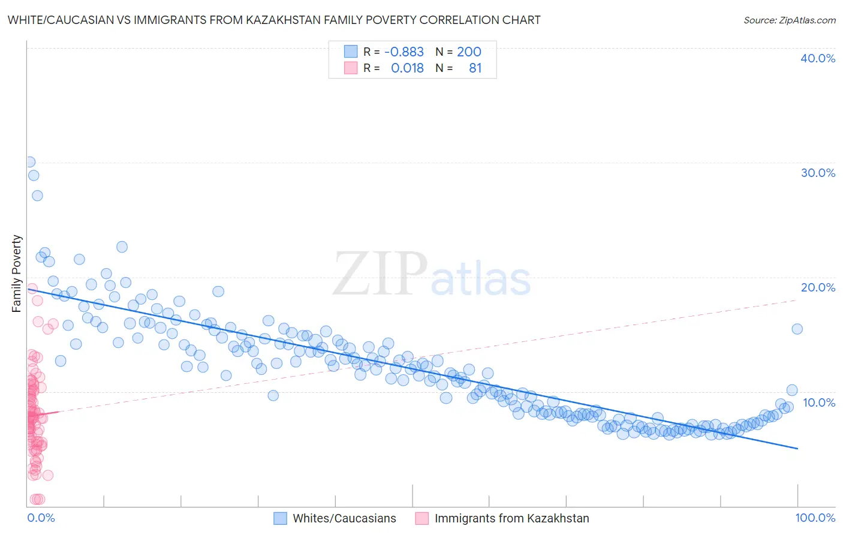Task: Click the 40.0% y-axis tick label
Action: [x=817, y=58]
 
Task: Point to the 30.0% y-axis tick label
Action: [x=817, y=173]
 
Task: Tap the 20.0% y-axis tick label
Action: [x=817, y=287]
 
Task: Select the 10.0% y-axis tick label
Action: [x=818, y=402]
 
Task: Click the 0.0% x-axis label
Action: [x=41, y=518]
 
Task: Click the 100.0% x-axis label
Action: [x=815, y=518]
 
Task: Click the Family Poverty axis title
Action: [x=17, y=273]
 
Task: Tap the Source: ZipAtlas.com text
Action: [x=789, y=20]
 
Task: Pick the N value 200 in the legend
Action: [x=469, y=52]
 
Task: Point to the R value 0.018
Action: [x=407, y=68]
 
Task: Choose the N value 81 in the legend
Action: [x=475, y=68]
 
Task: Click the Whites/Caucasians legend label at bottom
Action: [x=344, y=518]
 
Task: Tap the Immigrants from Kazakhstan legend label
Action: [x=511, y=518]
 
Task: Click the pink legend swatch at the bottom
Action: [x=421, y=518]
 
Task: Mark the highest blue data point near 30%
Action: [x=29, y=162]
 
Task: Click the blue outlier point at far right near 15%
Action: [x=797, y=329]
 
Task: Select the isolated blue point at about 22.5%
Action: [x=122, y=247]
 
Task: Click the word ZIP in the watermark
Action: [x=380, y=274]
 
